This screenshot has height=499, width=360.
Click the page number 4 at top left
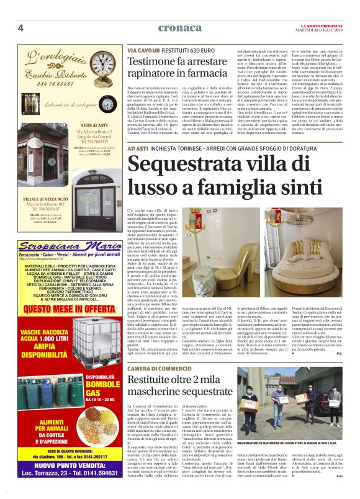[x=20, y=29]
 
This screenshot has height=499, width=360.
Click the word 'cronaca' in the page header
[x=179, y=28]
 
